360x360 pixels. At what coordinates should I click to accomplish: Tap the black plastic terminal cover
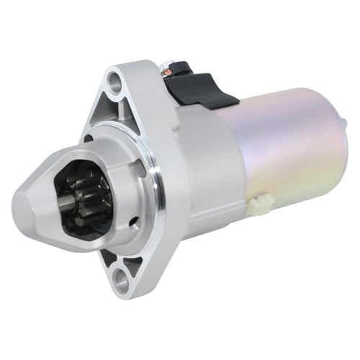point(194,88)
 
